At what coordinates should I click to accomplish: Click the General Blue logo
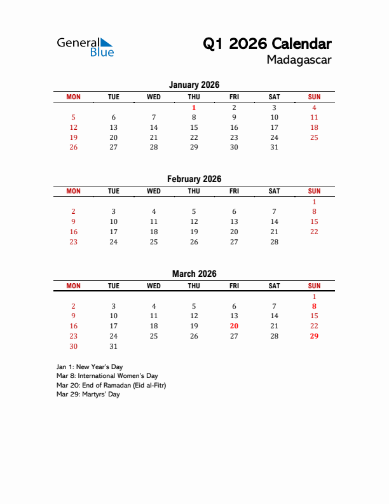(85, 47)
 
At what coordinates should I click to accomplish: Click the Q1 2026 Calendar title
(267, 44)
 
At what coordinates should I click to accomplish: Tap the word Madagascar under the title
(299, 60)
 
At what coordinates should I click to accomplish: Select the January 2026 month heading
(194, 85)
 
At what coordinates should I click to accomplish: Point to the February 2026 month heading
(194, 179)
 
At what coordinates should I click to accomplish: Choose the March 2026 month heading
(194, 274)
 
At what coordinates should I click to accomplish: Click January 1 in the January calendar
(194, 108)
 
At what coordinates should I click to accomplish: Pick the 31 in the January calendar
(274, 147)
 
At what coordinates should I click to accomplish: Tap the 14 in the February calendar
(274, 221)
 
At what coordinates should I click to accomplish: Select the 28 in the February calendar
(274, 242)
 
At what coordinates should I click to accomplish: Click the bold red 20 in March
(234, 326)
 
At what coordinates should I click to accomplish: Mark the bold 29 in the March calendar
(314, 336)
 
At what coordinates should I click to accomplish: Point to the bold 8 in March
(314, 306)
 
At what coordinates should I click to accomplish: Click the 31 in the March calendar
(113, 346)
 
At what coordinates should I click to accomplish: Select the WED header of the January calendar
(154, 97)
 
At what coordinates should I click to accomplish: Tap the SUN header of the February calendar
(314, 191)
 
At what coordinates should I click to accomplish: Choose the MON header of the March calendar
(73, 286)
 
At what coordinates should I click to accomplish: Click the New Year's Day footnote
(90, 367)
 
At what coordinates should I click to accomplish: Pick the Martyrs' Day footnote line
(88, 395)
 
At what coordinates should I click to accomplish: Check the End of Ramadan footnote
(111, 385)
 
